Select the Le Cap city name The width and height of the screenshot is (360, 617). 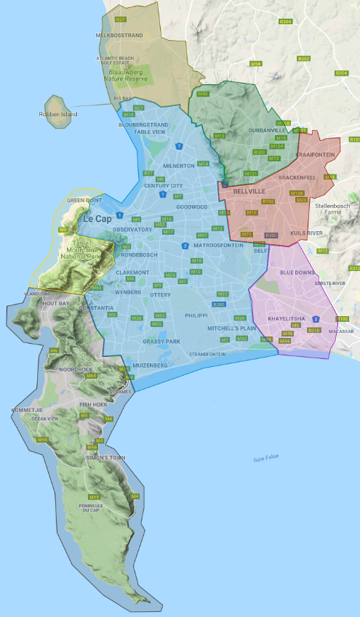coord(97,218)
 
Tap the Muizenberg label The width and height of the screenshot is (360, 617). coord(150,365)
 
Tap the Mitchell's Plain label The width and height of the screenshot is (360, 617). coord(231,328)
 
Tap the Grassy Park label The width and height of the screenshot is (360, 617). coord(161,341)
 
